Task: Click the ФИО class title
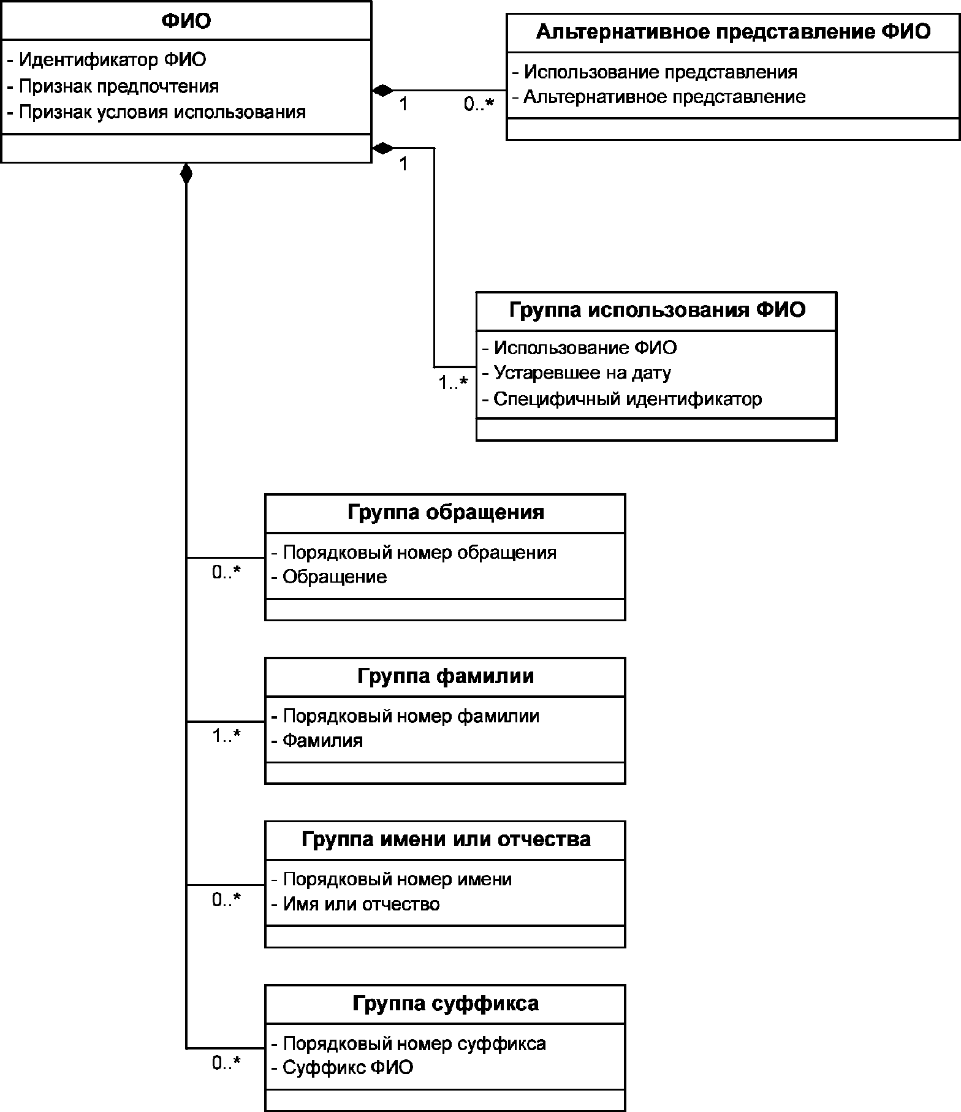coord(186,21)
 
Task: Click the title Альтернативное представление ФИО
coord(733,32)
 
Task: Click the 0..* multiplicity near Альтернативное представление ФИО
coord(479,105)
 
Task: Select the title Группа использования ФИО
coord(656,310)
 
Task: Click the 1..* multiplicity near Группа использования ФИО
coord(453,383)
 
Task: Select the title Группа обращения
coord(446,512)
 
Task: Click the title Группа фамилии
coord(446,676)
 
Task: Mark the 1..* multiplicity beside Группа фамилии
coord(227,736)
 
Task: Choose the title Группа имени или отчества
coord(446,839)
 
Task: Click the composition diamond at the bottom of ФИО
coord(186,174)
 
